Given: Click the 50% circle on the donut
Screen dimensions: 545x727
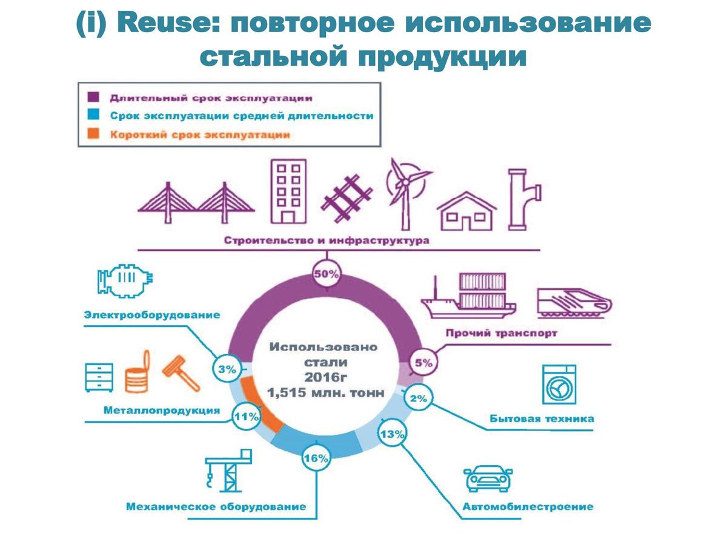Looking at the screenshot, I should [327, 274].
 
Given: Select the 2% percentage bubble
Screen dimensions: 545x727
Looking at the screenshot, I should [418, 398].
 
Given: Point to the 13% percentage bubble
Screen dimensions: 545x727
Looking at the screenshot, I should [393, 434].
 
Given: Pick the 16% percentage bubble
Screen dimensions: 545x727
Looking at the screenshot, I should [316, 458].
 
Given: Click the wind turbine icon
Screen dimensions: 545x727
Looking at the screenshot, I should [405, 190].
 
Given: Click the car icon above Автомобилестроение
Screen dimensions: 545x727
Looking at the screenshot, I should [488, 478].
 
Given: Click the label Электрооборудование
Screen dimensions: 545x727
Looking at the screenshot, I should [152, 315].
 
